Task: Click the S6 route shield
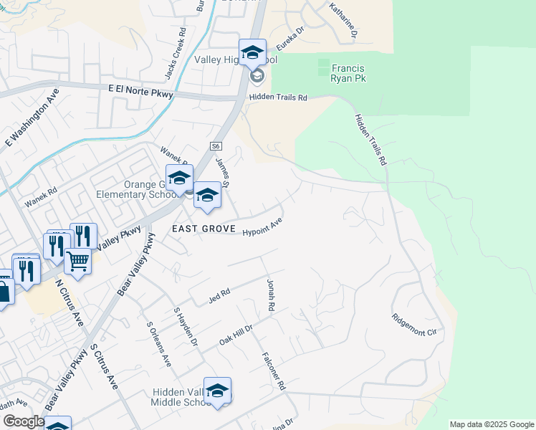coord(216,145)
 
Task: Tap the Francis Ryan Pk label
coord(349,73)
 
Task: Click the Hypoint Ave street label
coord(262,231)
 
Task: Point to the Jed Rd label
coord(219,294)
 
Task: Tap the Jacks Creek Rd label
coord(175,54)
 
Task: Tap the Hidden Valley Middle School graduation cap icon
coord(217,391)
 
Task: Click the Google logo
coord(23,421)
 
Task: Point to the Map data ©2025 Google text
coord(491,424)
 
